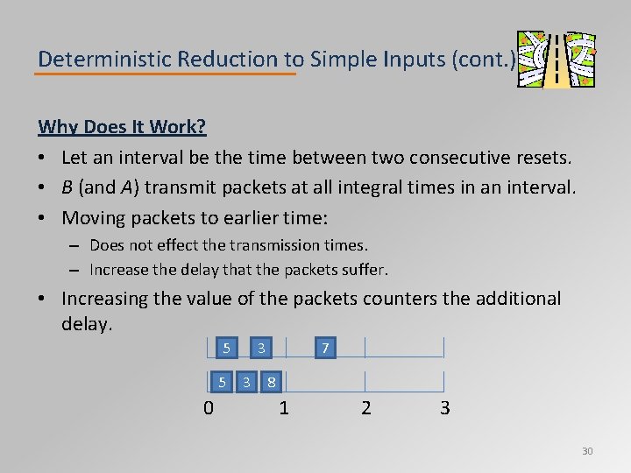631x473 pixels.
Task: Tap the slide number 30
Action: point(587,451)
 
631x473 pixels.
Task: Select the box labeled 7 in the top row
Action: point(324,348)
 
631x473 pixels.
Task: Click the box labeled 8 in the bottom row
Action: point(273,382)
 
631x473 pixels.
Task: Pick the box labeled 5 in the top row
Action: point(226,348)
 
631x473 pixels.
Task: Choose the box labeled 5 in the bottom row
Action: point(223,382)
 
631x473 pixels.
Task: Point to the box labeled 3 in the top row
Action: point(260,348)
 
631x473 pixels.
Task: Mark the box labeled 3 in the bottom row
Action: point(247,382)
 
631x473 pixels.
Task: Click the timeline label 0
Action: point(208,408)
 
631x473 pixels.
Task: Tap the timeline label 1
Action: point(284,408)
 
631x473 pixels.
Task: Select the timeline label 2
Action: point(365,408)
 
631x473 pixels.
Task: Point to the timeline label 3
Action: point(444,408)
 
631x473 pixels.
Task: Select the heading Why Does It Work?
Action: point(122,127)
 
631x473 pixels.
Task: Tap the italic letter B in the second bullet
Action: point(67,187)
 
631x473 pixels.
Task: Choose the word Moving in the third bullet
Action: point(93,217)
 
